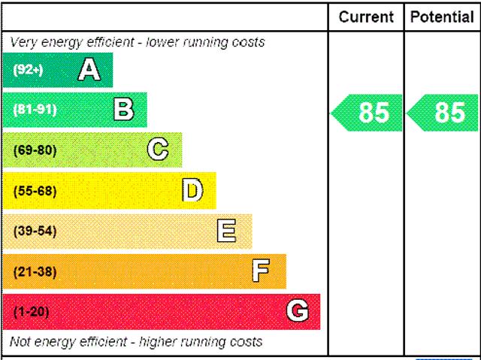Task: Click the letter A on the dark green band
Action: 89,70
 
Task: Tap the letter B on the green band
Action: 124,110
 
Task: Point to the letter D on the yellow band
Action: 193,191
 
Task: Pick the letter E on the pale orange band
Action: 226,231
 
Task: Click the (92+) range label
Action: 29,71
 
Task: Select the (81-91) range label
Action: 35,110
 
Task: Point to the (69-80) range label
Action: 35,150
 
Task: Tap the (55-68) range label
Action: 35,191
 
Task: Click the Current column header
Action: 366,17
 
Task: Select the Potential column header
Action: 442,17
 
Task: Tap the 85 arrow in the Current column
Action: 367,113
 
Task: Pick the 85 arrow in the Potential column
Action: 443,113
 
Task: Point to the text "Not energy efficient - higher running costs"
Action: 135,342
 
